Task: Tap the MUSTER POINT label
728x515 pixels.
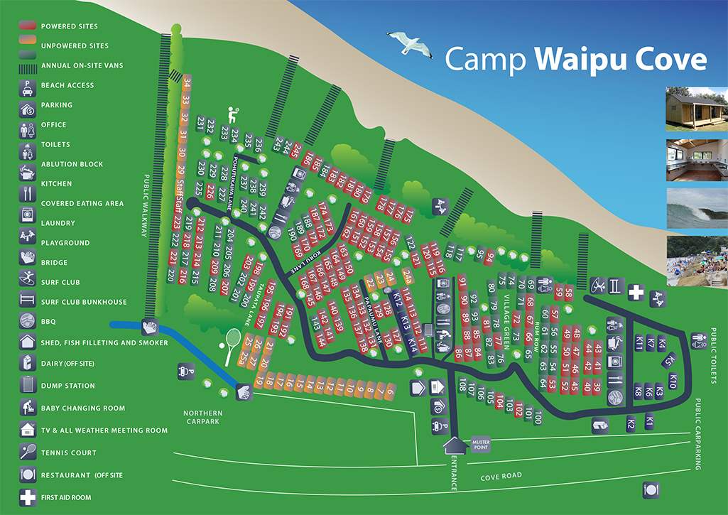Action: click(x=481, y=445)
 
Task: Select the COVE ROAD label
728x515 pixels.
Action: click(x=501, y=475)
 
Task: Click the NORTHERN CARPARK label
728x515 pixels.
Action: click(x=202, y=418)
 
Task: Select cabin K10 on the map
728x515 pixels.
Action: click(x=672, y=384)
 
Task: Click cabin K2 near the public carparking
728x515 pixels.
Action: click(x=631, y=424)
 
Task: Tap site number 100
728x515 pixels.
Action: click(x=538, y=416)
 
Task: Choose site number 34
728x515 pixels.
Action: click(x=187, y=84)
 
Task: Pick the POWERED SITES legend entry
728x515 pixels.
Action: click(x=70, y=26)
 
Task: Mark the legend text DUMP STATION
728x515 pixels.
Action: click(x=68, y=386)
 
